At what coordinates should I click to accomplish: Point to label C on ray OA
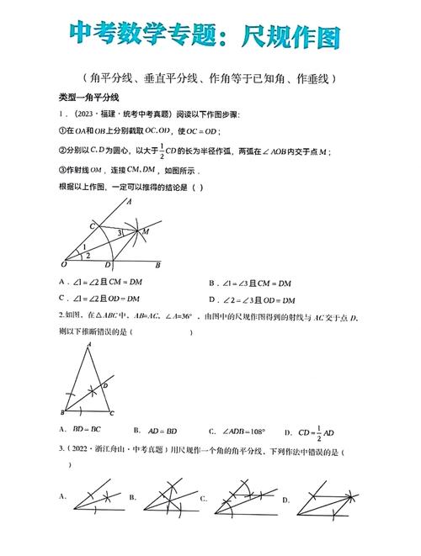coord(93,225)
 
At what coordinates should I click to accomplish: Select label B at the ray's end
coord(157,265)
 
